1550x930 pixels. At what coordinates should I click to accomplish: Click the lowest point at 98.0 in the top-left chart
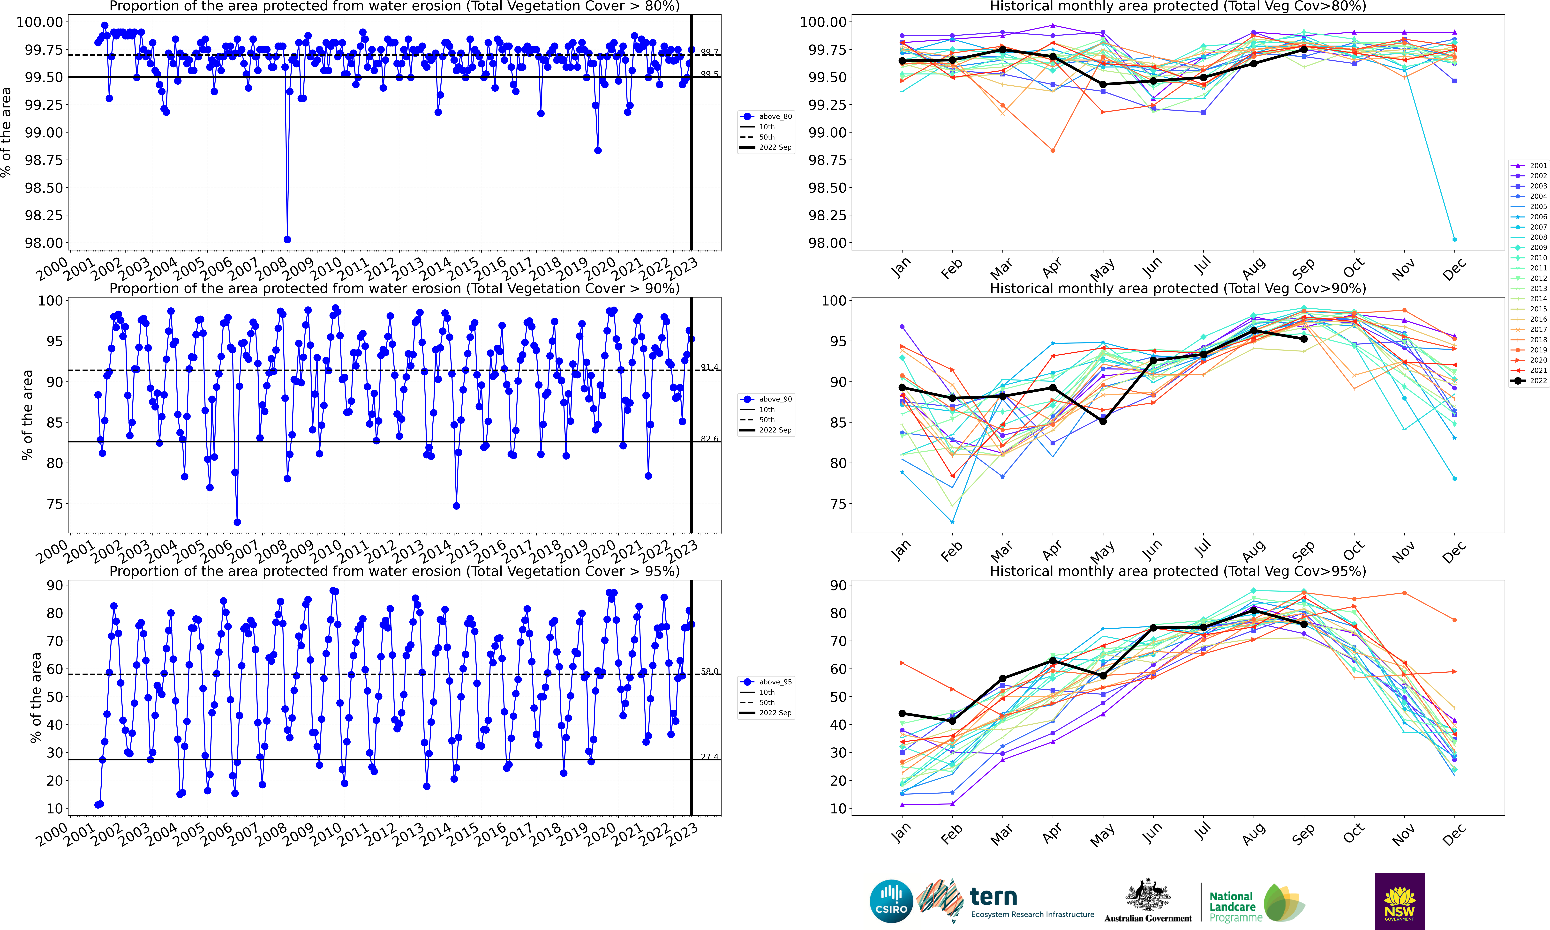287,239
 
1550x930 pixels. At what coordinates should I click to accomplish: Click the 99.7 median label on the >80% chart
709,52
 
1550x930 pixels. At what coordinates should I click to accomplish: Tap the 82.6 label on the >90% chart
709,439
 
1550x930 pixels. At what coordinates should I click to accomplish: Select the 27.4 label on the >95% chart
709,756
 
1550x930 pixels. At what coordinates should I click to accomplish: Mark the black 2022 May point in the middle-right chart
1103,421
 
